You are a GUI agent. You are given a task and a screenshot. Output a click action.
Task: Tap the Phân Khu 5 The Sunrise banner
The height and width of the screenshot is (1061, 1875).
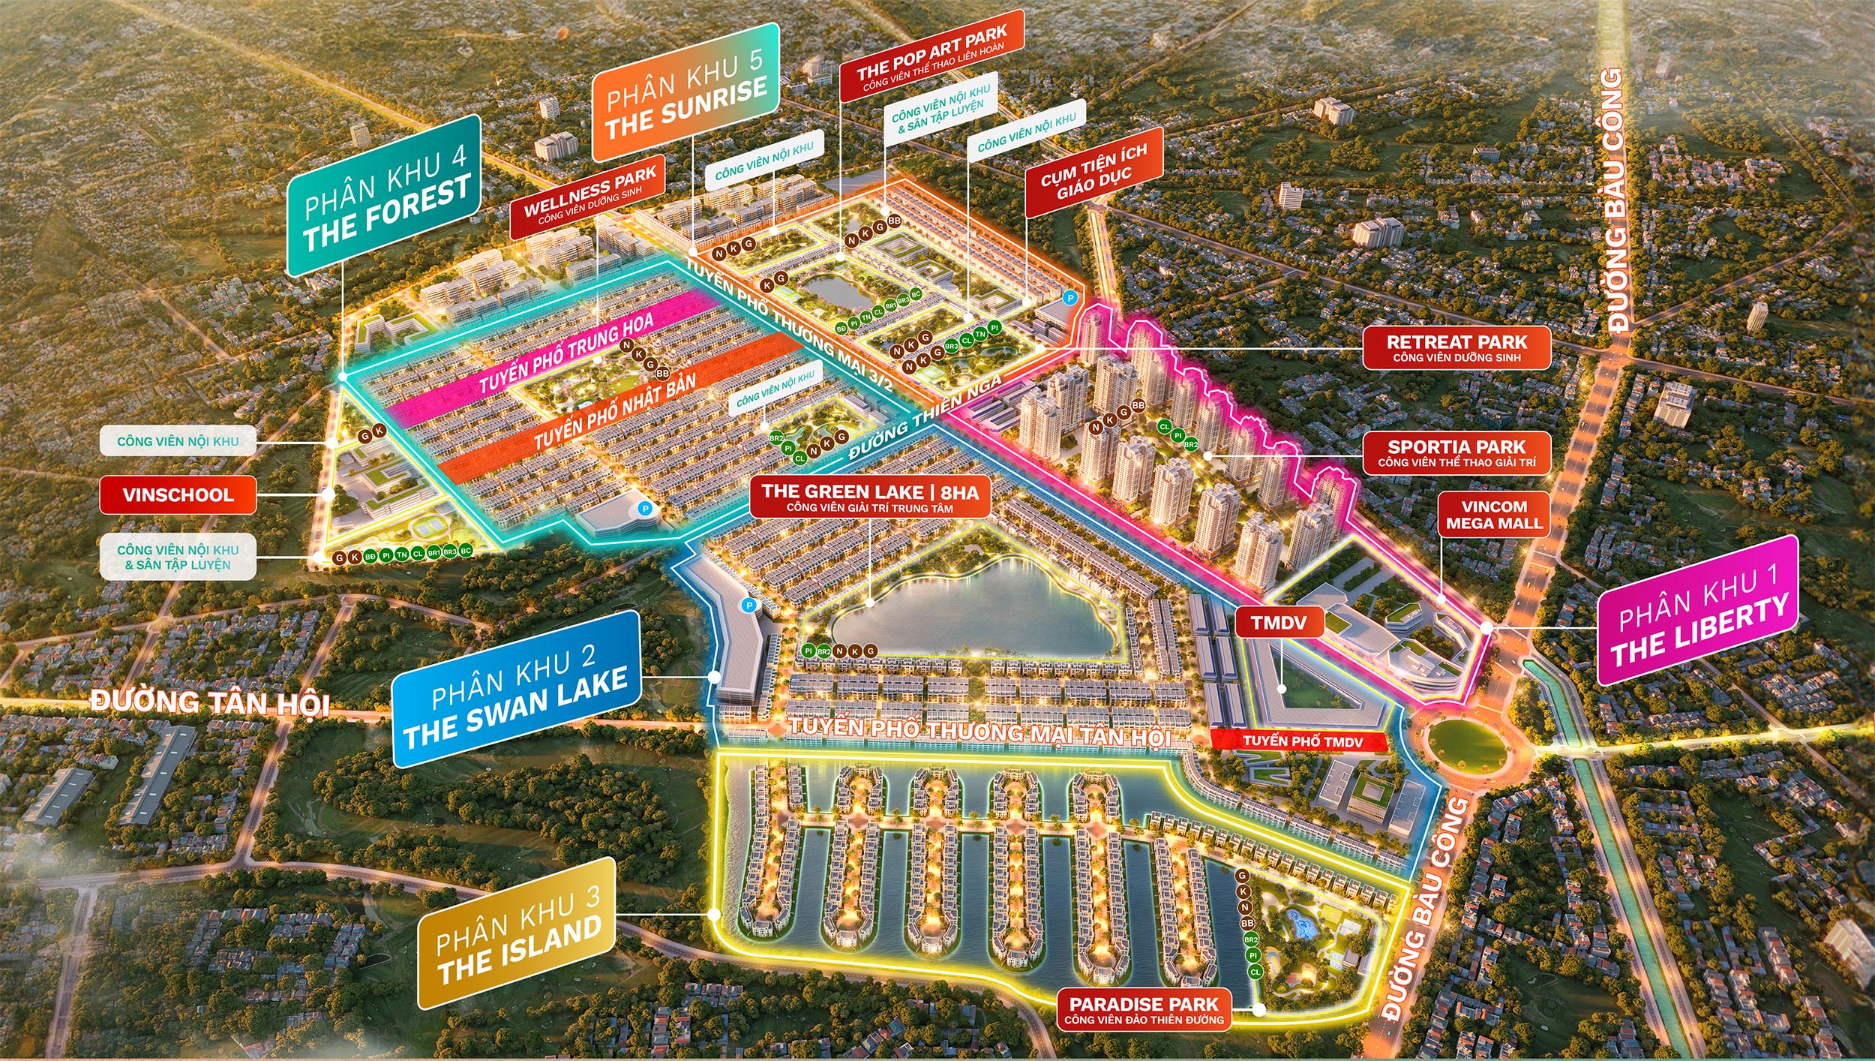(x=685, y=92)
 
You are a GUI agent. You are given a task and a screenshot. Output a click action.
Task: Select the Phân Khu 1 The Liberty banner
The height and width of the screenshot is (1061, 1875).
(x=1698, y=611)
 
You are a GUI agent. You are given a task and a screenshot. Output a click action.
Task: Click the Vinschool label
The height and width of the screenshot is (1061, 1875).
(x=178, y=495)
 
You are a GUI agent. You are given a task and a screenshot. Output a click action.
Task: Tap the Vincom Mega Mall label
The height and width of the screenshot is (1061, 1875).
(x=1494, y=515)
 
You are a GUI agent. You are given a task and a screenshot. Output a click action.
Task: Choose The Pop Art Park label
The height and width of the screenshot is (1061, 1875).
(x=931, y=57)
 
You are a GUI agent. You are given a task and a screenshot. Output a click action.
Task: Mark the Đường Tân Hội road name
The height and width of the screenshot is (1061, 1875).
(x=210, y=703)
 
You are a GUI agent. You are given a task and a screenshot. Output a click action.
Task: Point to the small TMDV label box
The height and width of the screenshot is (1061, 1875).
(x=1279, y=622)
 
